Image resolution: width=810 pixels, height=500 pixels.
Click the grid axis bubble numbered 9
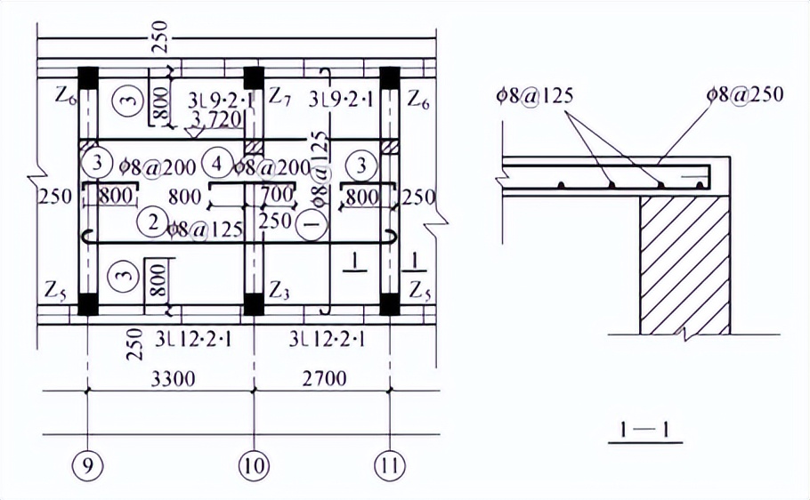coord(87,464)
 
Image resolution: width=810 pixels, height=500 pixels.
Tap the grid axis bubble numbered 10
coord(255,464)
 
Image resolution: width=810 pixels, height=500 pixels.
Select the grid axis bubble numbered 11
coord(390,464)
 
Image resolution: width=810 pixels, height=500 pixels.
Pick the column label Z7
coord(280,93)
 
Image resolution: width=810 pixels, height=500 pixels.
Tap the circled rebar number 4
coord(215,165)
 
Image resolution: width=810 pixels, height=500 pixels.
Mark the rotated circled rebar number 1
coord(310,226)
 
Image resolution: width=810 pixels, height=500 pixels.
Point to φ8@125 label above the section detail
coord(534,93)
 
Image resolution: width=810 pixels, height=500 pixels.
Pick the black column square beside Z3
coord(254,304)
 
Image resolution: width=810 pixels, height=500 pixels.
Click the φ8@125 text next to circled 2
coord(204,230)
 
